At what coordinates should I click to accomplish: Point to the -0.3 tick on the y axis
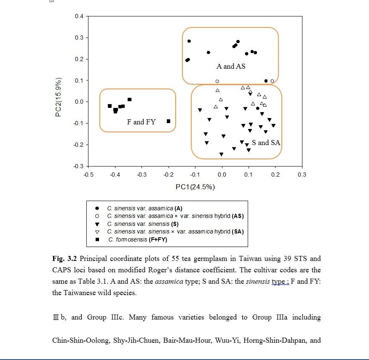79,166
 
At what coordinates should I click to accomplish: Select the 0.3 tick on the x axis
302,174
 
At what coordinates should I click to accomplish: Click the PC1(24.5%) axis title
195,187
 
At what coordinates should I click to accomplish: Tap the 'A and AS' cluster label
231,66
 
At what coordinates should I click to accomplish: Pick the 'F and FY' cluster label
141,122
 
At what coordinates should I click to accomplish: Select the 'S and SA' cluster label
266,142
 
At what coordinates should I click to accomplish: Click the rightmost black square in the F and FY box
168,121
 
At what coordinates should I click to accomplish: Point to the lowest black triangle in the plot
221,154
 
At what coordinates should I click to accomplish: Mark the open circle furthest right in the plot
272,81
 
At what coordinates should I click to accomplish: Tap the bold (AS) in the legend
237,216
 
